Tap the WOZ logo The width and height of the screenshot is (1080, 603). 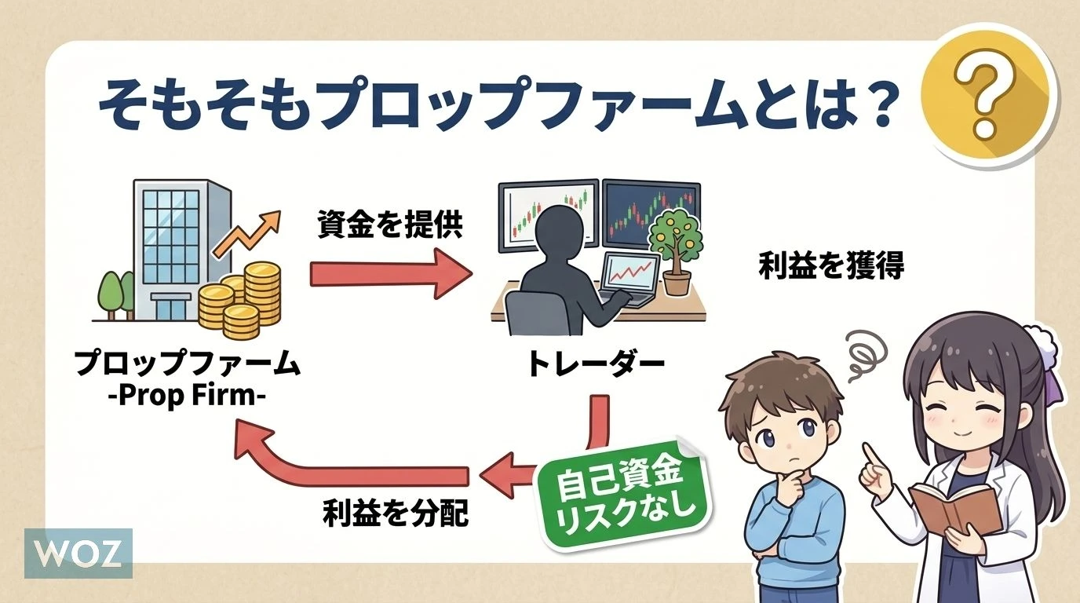pyautogui.click(x=78, y=553)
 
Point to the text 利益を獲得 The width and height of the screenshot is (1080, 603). pyautogui.click(x=831, y=267)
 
